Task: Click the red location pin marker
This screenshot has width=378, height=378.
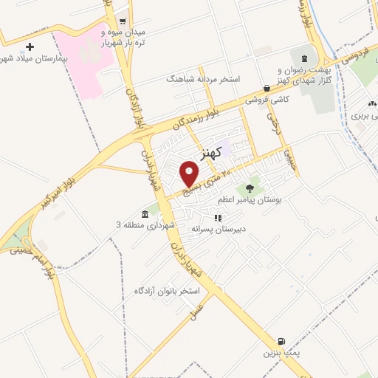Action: [190, 173]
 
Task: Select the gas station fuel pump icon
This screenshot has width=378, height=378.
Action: [281, 342]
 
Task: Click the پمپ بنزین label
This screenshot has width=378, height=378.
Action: [280, 354]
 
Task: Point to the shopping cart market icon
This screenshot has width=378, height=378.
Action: [123, 21]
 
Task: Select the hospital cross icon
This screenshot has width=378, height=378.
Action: [30, 47]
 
